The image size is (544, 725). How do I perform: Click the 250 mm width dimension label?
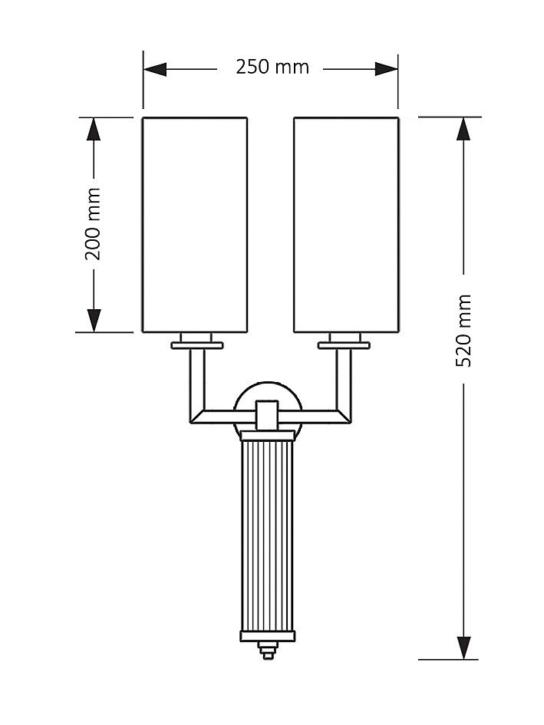coord(272,68)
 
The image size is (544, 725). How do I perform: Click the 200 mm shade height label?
coord(93,224)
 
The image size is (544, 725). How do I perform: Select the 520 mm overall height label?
coord(463,330)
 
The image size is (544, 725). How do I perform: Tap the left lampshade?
coord(195,224)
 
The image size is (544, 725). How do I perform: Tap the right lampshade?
coord(346,224)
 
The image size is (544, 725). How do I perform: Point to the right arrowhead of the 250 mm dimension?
coord(387,69)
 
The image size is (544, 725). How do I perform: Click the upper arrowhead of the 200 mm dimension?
coord(94,129)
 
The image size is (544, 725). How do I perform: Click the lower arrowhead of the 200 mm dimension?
coord(94,320)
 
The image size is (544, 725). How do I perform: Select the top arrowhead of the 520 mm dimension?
coord(463,129)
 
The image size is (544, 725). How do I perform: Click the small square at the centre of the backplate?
coord(267,415)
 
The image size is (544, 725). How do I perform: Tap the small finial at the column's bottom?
coord(267,651)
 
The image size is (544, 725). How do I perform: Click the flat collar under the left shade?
coord(197,345)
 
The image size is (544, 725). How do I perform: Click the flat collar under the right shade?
coord(345,345)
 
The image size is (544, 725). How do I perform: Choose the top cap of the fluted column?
coord(267,437)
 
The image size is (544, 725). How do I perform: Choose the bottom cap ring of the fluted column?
coord(267,636)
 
